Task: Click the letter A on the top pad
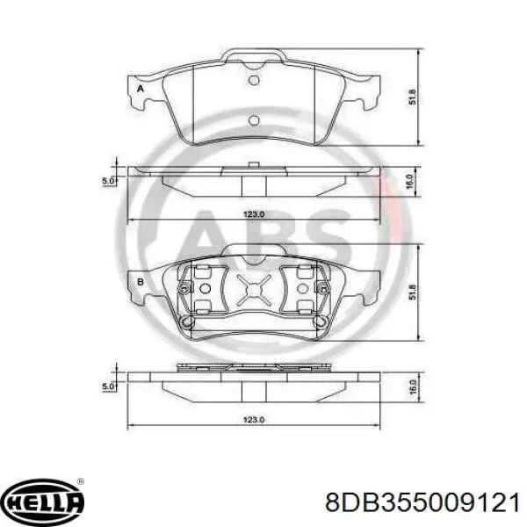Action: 139,89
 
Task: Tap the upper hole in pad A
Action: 254,81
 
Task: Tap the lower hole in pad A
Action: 254,121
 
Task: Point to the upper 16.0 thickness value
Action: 409,182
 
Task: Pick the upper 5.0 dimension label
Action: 106,181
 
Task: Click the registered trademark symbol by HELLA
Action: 82,482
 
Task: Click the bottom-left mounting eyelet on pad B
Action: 185,322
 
